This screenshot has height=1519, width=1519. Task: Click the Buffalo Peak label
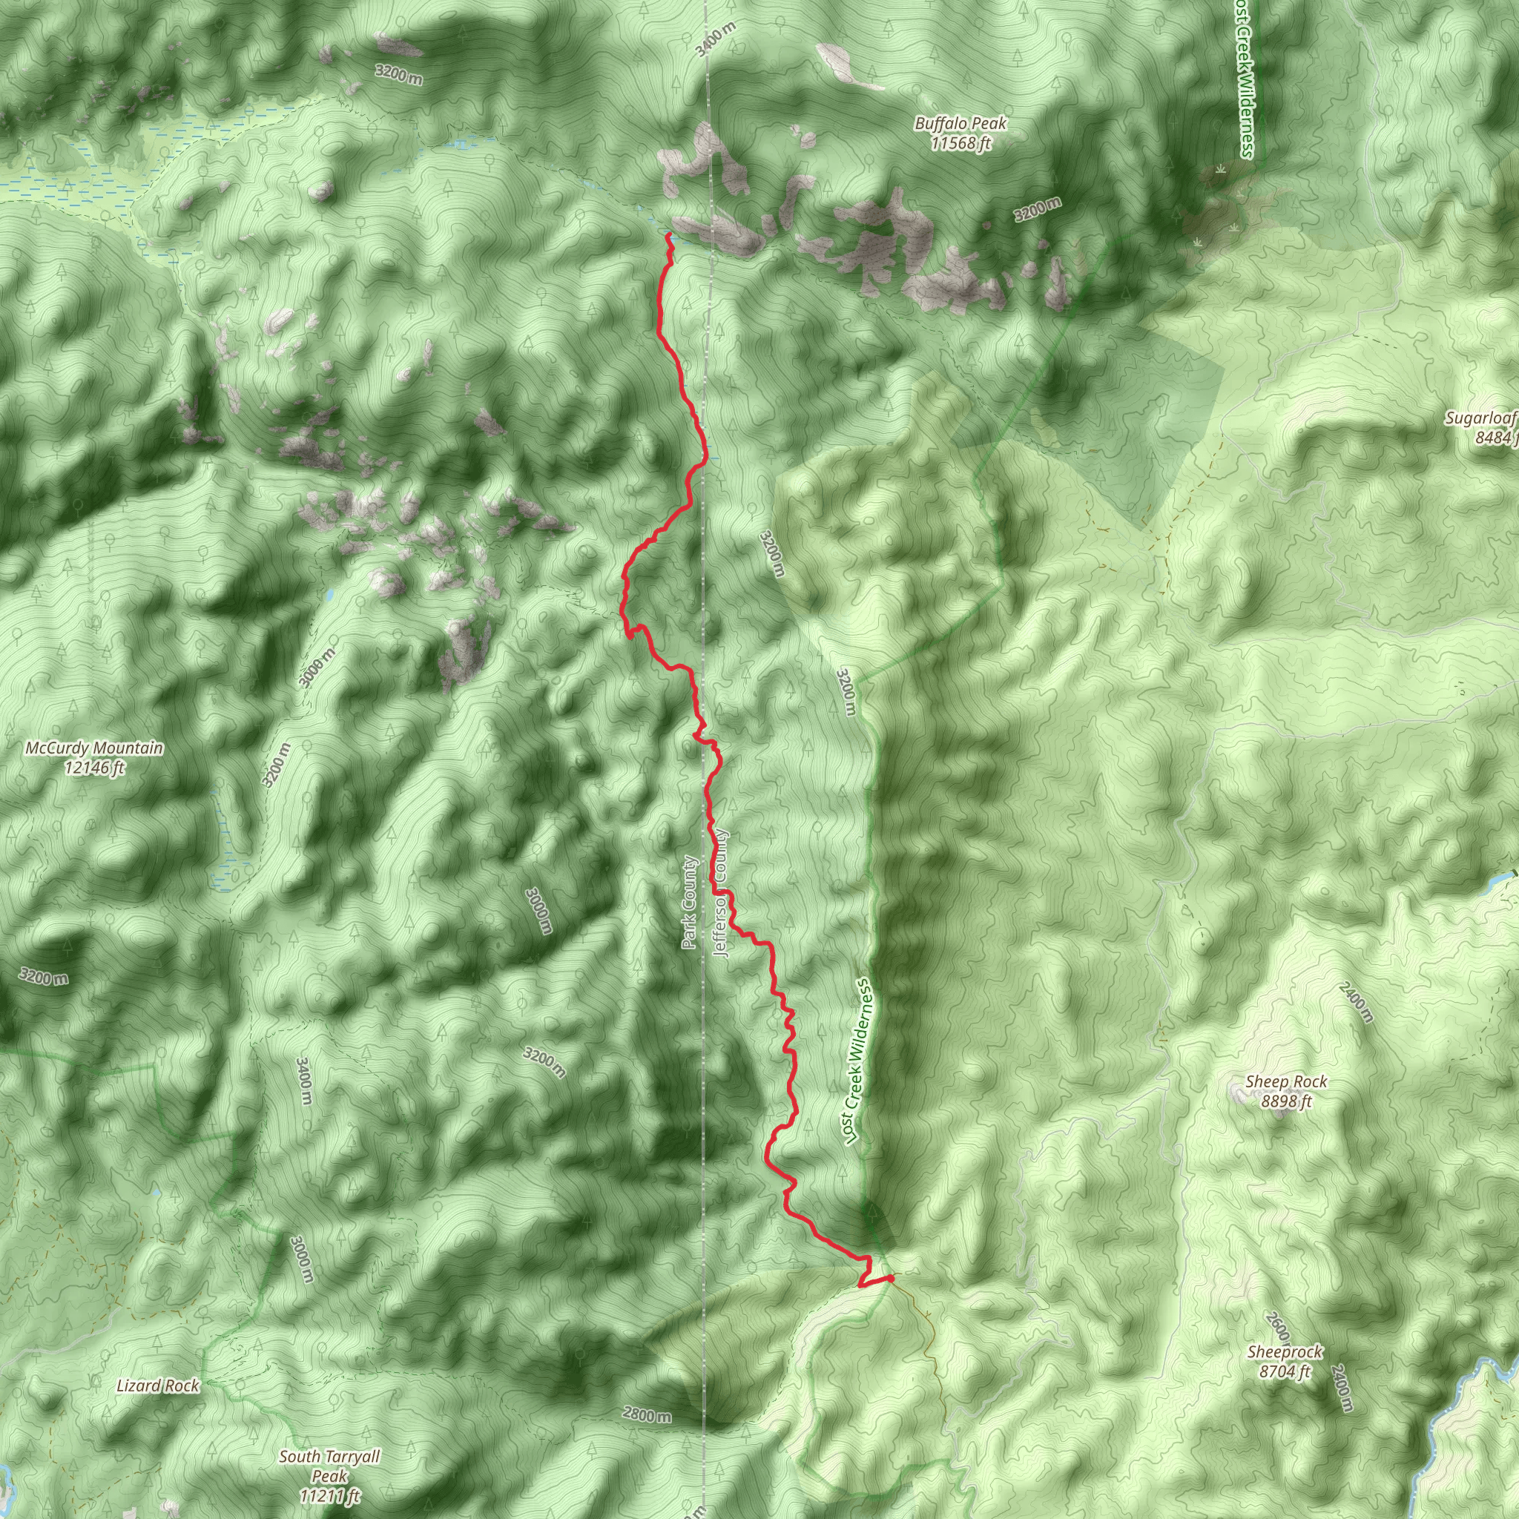pos(959,123)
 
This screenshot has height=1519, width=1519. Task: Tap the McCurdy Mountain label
pos(94,748)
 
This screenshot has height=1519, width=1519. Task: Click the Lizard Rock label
pos(158,1385)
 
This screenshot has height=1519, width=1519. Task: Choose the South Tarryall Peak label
pos(329,1457)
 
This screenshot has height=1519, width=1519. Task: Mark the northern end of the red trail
pos(668,234)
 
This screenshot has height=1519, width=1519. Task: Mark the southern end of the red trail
pos(891,1278)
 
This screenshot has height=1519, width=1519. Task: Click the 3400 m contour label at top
pos(716,38)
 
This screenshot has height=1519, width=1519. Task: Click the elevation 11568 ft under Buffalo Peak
pos(960,143)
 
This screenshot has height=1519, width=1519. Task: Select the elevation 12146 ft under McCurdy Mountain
pos(94,768)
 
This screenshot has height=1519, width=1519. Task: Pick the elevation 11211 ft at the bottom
pos(329,1495)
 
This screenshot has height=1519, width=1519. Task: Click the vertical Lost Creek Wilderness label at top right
pos(1243,79)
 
